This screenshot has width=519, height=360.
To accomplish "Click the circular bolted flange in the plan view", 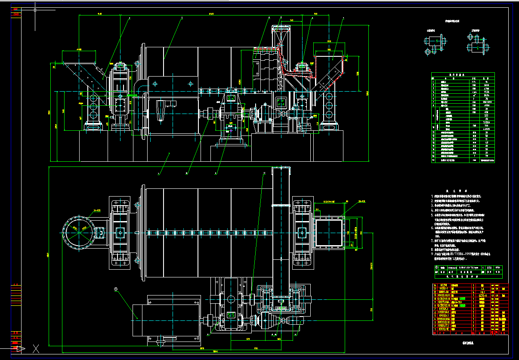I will (79, 230).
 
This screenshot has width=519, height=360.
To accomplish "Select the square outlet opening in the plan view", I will (329, 232).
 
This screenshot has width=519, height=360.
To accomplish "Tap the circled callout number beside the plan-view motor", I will (116, 289).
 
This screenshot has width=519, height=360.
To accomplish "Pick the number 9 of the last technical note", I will (432, 254).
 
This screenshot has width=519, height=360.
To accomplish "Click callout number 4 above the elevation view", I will (129, 18).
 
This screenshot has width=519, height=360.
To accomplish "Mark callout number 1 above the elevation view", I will (343, 18).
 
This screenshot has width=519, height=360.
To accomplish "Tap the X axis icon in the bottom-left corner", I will (36, 349).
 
